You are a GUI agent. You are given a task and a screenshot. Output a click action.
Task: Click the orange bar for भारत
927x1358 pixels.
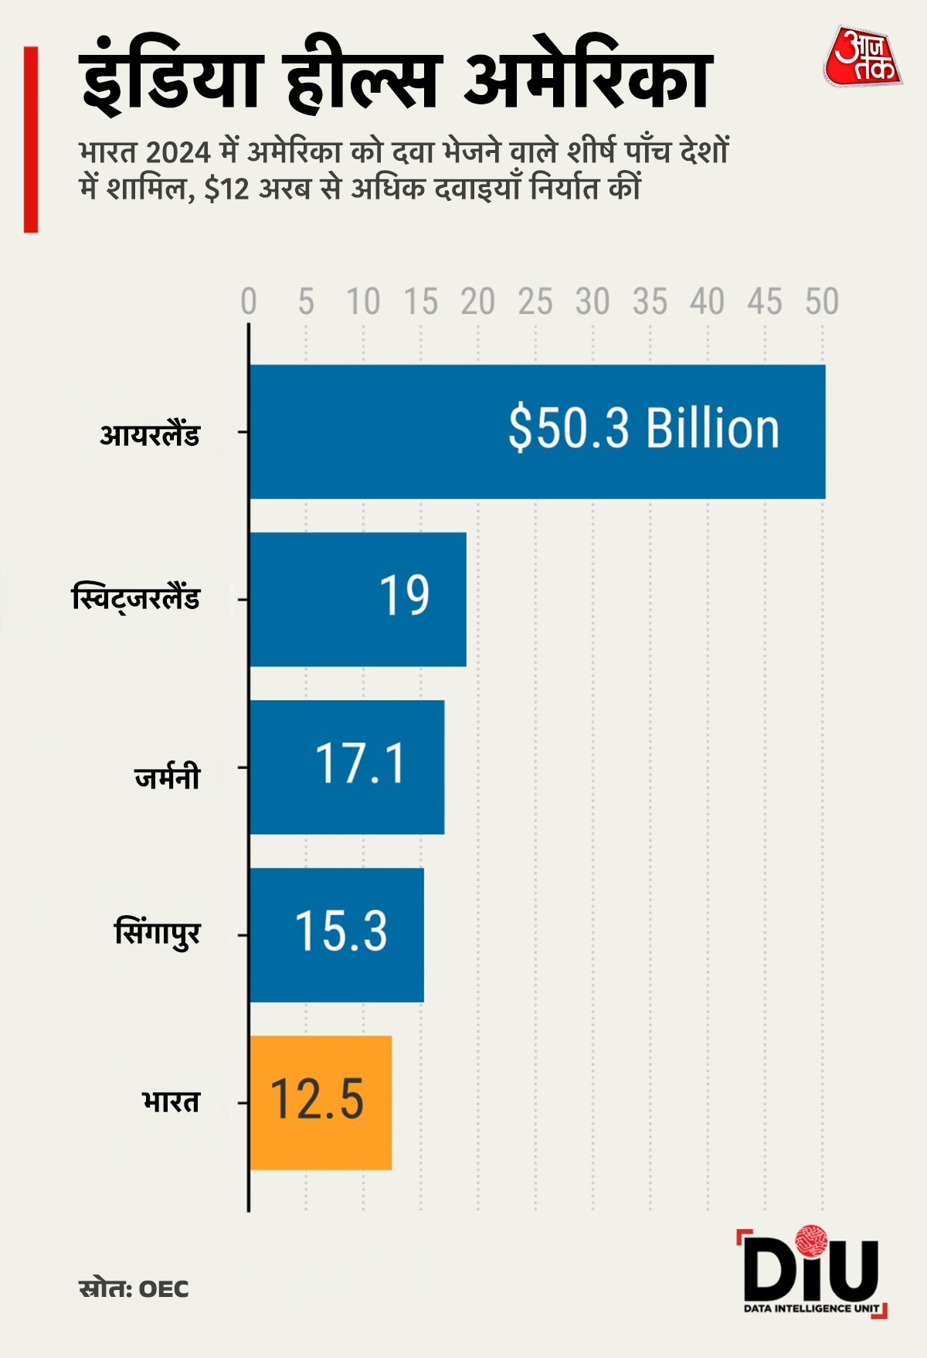tap(320, 1102)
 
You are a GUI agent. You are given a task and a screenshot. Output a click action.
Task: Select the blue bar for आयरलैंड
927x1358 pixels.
tap(537, 431)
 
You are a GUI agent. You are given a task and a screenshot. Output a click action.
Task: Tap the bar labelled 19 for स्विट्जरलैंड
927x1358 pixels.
tap(358, 598)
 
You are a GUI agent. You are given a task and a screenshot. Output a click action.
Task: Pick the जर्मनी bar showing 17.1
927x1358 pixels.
tap(347, 767)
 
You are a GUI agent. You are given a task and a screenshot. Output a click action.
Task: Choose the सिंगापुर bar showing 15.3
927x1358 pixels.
tap(337, 934)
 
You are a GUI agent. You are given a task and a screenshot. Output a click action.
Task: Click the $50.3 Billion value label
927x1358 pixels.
tap(643, 429)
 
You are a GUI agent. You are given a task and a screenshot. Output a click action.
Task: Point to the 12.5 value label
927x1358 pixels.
tap(317, 1099)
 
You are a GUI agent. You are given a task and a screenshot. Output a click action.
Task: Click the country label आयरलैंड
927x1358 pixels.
tap(150, 434)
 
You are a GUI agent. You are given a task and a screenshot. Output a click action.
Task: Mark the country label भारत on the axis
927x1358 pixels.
tap(171, 1101)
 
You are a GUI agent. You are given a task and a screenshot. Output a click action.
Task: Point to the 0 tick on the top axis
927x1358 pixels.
tap(248, 302)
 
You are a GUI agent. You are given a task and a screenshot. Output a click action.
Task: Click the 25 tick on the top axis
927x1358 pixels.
tap(535, 302)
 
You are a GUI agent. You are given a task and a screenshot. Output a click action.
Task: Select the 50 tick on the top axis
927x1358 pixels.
tap(822, 302)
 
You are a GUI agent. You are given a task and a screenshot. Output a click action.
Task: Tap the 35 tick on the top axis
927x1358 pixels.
tap(650, 302)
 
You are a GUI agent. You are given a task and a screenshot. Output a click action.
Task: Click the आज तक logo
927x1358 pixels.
tap(863, 57)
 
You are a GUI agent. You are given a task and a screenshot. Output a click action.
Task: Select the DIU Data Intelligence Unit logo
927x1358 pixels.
tap(811, 1272)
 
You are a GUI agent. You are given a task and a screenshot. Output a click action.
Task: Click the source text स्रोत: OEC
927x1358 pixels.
tap(134, 1289)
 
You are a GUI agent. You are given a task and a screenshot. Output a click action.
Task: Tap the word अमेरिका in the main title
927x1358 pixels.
tap(587, 79)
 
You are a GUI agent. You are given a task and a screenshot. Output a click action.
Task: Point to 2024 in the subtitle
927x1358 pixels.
tap(178, 152)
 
